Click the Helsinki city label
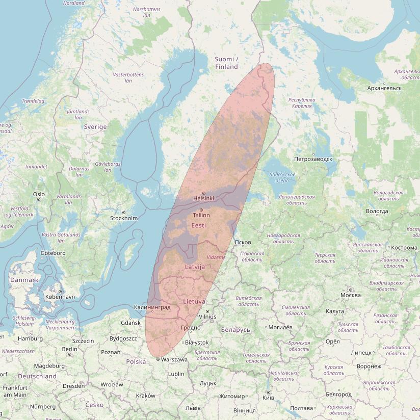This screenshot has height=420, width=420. coord(203,198)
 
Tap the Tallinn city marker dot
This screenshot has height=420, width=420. coord(201,210)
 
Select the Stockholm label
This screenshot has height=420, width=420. coord(124,218)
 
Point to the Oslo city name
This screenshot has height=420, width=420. coord(39,194)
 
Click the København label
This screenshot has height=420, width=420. coord(60,297)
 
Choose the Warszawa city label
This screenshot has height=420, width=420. coord(173,359)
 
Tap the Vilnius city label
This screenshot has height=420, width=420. coord(207,317)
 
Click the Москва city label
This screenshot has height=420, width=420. coord(351,295)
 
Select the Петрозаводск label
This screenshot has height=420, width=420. coord(313,159)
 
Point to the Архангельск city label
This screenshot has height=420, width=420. coord(384,88)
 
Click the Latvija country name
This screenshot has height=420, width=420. coord(195,267)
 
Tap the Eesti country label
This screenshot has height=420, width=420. coord(199,225)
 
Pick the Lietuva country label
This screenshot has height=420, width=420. coord(194,302)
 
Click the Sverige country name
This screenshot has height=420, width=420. coord(95,126)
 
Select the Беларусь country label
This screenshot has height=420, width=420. coord(235,330)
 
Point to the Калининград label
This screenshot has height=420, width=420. coord(152,307)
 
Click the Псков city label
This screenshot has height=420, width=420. coord(243,242)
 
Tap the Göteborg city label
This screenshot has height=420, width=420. coord(53,253)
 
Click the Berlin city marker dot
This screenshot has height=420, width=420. coord(70,354)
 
